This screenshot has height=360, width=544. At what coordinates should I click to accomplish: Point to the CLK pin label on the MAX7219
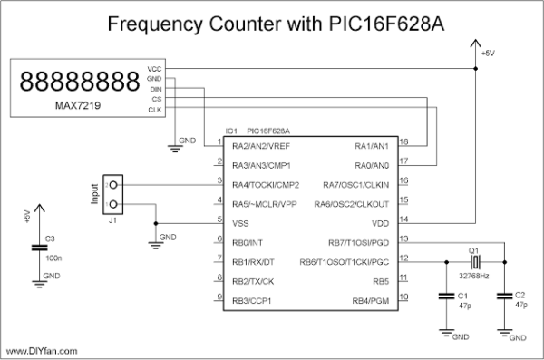[x=153, y=110]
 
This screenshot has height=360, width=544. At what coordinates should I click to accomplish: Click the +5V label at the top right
[x=489, y=54]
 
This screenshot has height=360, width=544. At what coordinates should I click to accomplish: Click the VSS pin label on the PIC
[x=241, y=222]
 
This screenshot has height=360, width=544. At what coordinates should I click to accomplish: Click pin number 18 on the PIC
[x=403, y=141]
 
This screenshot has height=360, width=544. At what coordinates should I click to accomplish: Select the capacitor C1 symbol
[x=445, y=296]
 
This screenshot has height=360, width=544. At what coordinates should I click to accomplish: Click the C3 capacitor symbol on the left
[x=39, y=246]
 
